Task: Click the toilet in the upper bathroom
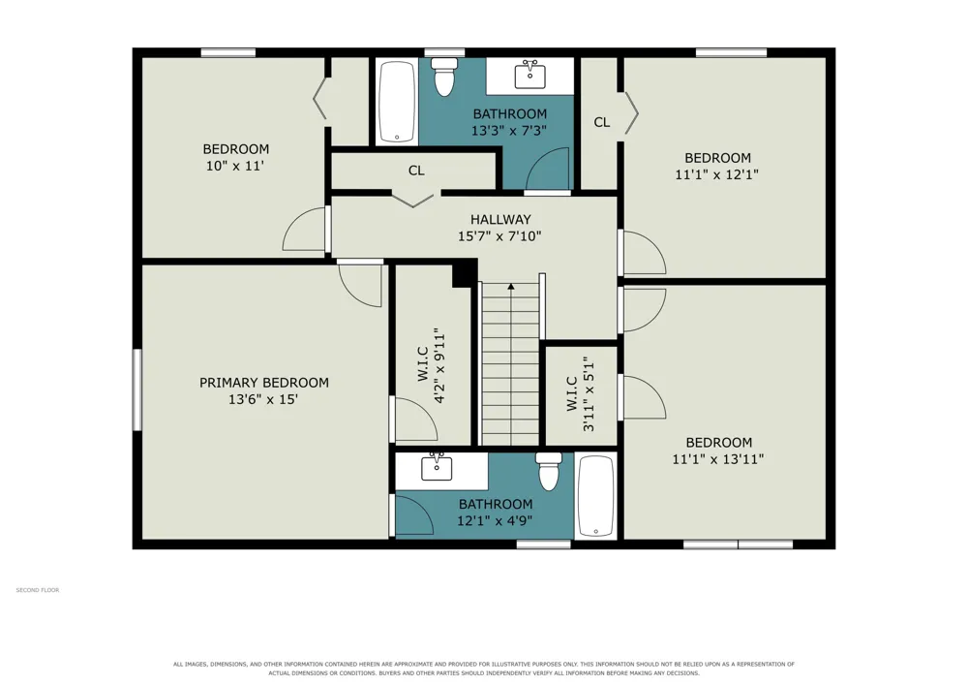[x=444, y=78]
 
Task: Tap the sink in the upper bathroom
[x=529, y=76]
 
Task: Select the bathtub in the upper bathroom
[x=396, y=102]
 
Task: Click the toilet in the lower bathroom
[x=548, y=471]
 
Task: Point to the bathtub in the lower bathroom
[x=595, y=496]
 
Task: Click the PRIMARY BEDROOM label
[x=264, y=383]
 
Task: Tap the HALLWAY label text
[x=500, y=219]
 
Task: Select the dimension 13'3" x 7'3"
[x=509, y=131]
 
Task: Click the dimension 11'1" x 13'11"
[x=718, y=459]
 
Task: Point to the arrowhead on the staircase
[x=510, y=286]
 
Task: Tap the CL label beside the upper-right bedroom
[x=602, y=122]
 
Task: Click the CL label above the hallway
[x=416, y=171]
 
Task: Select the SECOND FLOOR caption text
[x=38, y=590]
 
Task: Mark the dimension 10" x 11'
[x=235, y=166]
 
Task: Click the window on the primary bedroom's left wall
[x=137, y=389]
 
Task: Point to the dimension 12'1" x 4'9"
[x=495, y=520]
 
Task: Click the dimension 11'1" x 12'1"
[x=716, y=174]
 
